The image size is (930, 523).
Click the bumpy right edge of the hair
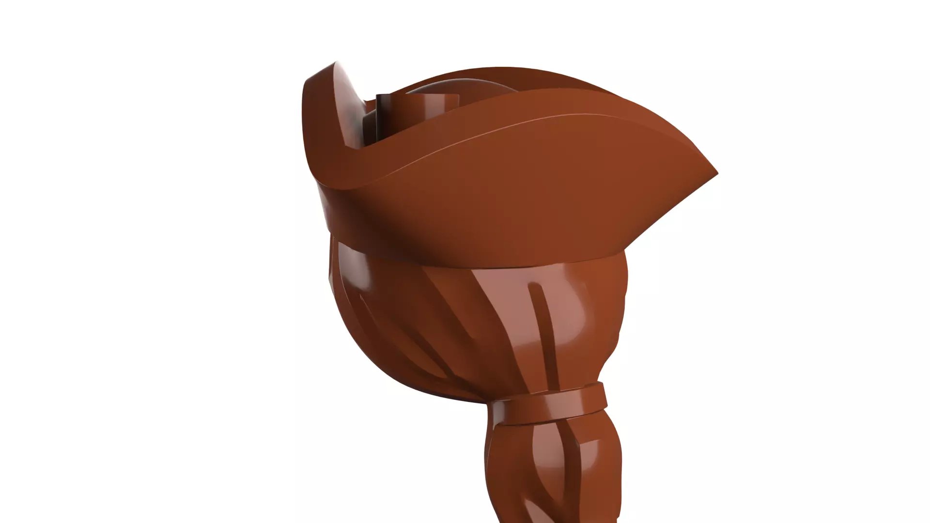(x=620, y=310)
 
